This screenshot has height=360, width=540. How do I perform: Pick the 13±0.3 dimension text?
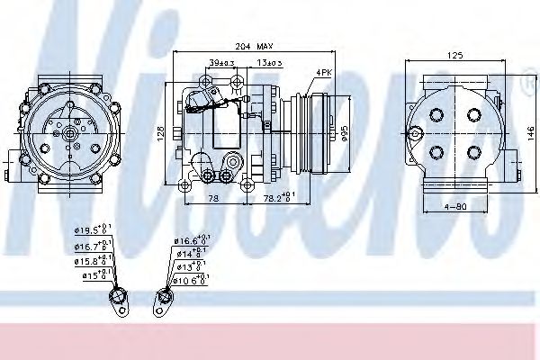tap(266, 61)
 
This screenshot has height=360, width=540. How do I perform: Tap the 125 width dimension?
tap(455, 56)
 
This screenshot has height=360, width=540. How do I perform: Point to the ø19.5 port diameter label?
tap(93, 229)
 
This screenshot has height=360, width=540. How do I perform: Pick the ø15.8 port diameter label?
tap(93, 262)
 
